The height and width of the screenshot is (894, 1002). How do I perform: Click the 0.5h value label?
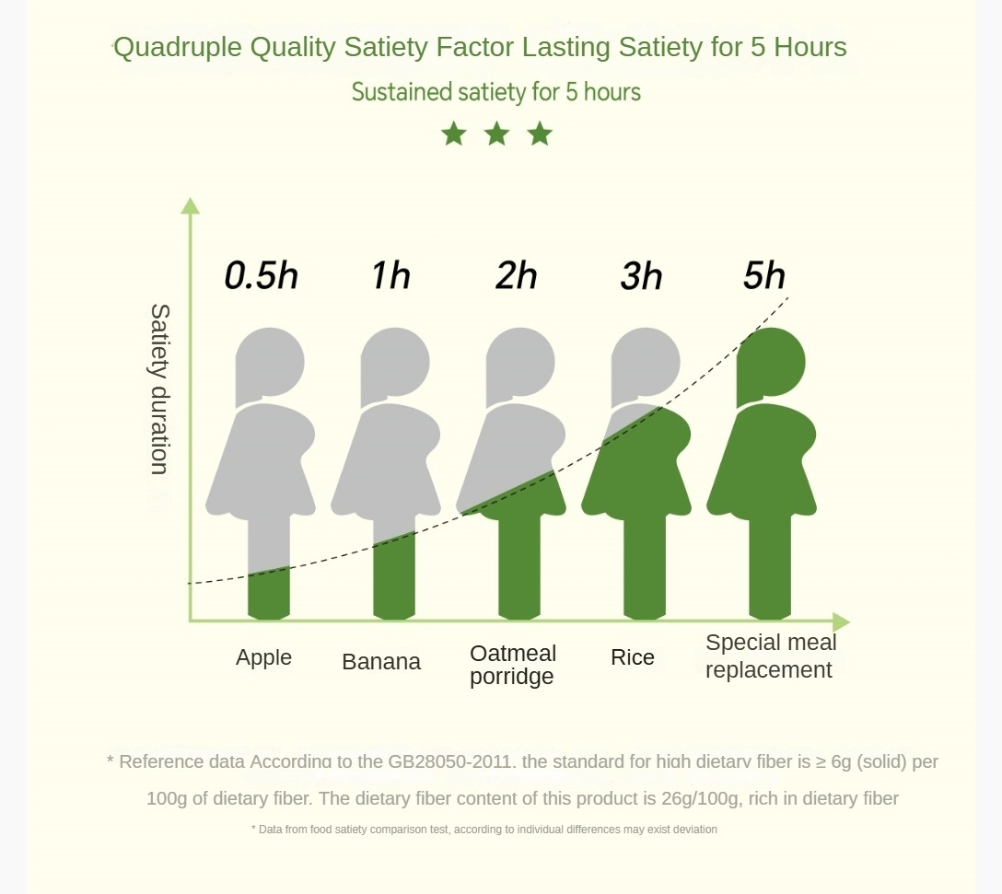[262, 276]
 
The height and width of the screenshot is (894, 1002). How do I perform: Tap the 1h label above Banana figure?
[390, 275]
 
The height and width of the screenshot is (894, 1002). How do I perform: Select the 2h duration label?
[516, 275]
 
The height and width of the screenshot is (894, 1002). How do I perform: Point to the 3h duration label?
[641, 275]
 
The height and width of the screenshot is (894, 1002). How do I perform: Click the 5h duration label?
[764, 275]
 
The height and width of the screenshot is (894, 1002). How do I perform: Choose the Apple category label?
[263, 657]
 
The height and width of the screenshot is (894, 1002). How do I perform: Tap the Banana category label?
[381, 661]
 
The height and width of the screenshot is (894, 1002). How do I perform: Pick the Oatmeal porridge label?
[512, 665]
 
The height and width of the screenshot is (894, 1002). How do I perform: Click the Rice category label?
[633, 657]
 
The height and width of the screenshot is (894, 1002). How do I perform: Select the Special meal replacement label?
[771, 656]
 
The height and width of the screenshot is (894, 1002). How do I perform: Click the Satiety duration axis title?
[159, 389]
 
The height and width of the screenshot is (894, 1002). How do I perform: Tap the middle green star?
[496, 134]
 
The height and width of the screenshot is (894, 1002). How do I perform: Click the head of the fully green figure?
[772, 362]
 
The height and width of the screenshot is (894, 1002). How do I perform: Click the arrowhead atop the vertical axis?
[190, 205]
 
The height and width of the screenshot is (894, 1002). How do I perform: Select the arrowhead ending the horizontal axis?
[840, 621]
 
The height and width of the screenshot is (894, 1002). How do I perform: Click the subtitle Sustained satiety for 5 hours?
[496, 92]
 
